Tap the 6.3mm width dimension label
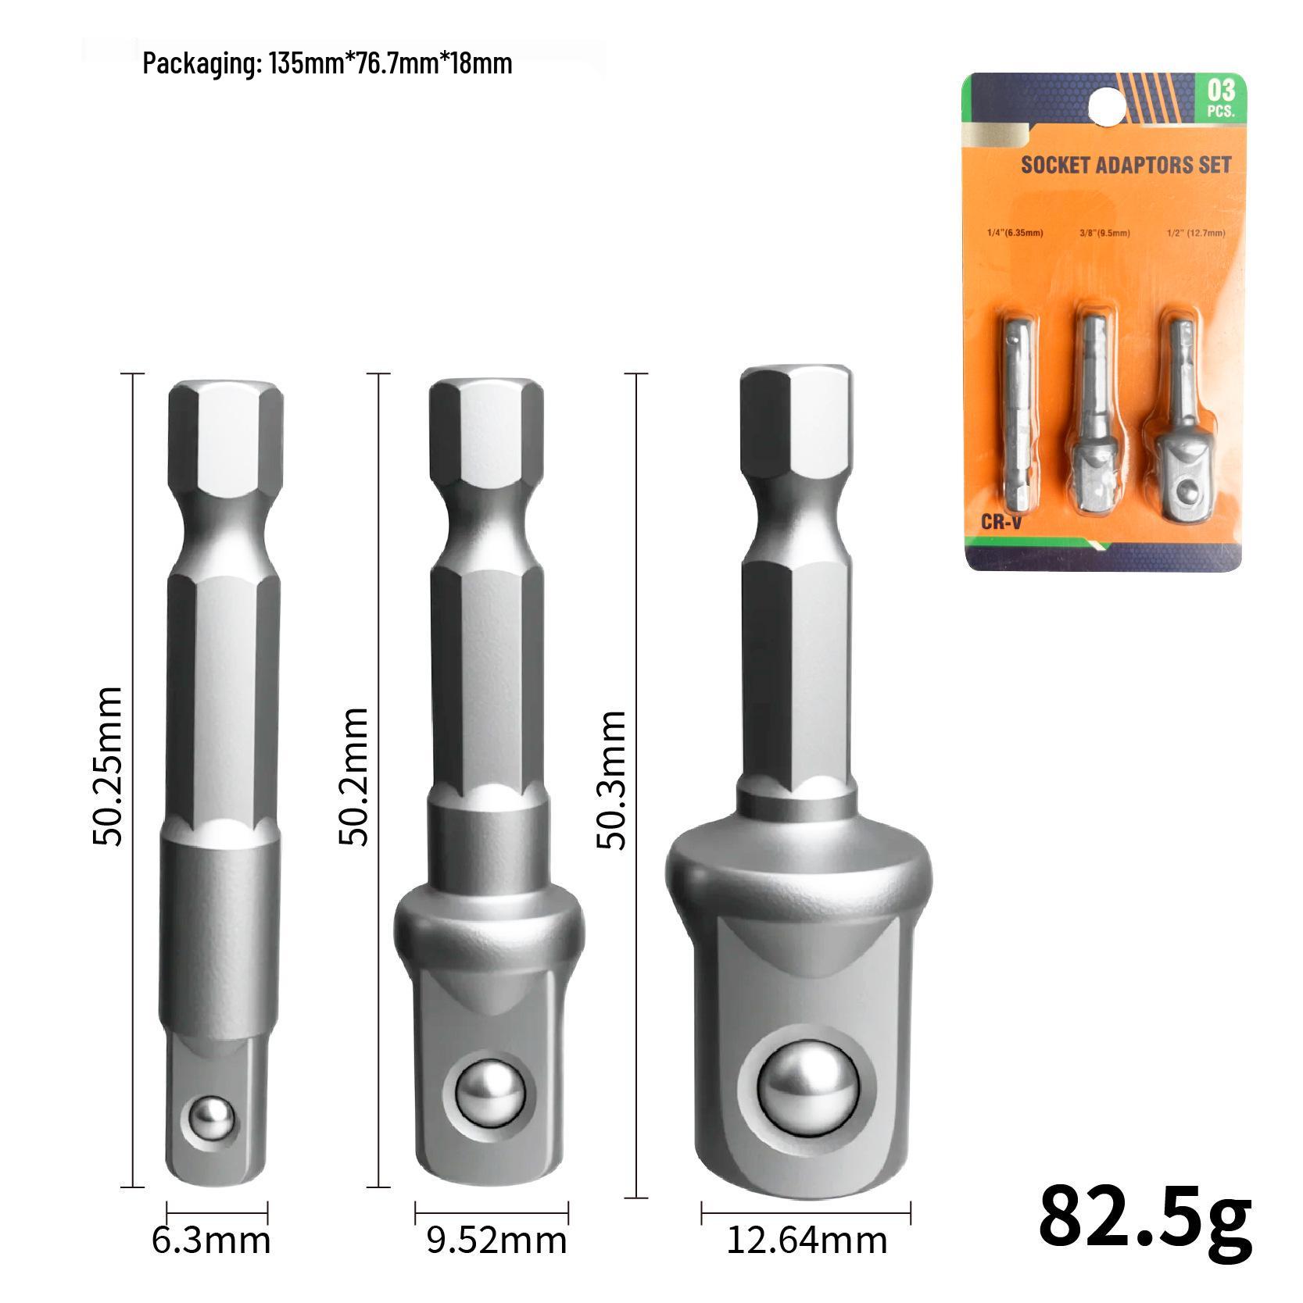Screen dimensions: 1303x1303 211,1241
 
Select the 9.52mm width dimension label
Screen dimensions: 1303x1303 496,1241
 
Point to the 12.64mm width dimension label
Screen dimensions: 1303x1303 807,1241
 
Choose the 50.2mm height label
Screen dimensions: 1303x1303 353,776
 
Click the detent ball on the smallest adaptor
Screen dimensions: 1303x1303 213,1121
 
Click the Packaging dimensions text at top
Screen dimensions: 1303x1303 328,63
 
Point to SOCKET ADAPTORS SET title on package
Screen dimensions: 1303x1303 1126,165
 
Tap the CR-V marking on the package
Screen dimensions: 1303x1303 1001,522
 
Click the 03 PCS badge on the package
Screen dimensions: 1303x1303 1220,97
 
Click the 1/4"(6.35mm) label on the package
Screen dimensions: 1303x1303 1014,233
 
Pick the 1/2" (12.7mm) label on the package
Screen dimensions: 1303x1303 1195,233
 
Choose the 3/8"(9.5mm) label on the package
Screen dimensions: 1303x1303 1104,233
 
